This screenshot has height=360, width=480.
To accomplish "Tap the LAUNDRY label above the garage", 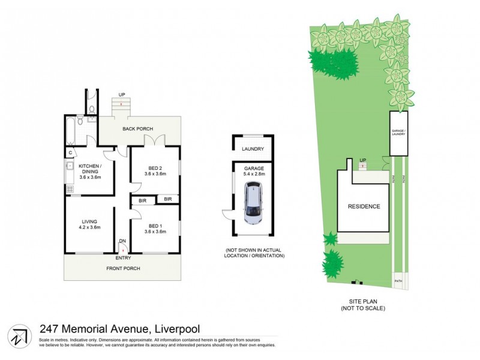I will pyautogui.click(x=253, y=149).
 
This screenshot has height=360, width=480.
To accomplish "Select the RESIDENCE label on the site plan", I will pyautogui.click(x=364, y=206).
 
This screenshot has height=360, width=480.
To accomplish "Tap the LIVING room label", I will pyautogui.click(x=89, y=223).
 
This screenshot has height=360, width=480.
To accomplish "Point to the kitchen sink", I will pyautogui.click(x=69, y=166).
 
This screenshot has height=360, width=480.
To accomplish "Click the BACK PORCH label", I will pyautogui.click(x=138, y=129).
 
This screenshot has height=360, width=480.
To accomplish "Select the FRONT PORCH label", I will pyautogui.click(x=123, y=268).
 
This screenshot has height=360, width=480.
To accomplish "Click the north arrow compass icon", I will pyautogui.click(x=19, y=335).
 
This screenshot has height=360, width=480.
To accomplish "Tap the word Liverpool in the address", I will pyautogui.click(x=177, y=328).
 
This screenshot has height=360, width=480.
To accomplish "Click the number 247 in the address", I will pyautogui.click(x=50, y=328).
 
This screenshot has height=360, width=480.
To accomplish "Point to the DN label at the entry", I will pyautogui.click(x=122, y=241).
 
